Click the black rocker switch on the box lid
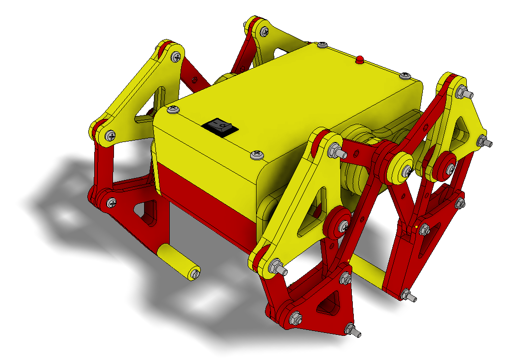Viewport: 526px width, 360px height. point(220,128)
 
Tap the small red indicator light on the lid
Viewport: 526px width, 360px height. point(360,60)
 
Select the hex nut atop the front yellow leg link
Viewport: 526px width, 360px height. point(334,150)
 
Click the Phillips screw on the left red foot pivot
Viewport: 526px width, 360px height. point(112,202)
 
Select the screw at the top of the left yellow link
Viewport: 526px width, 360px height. point(175,57)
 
